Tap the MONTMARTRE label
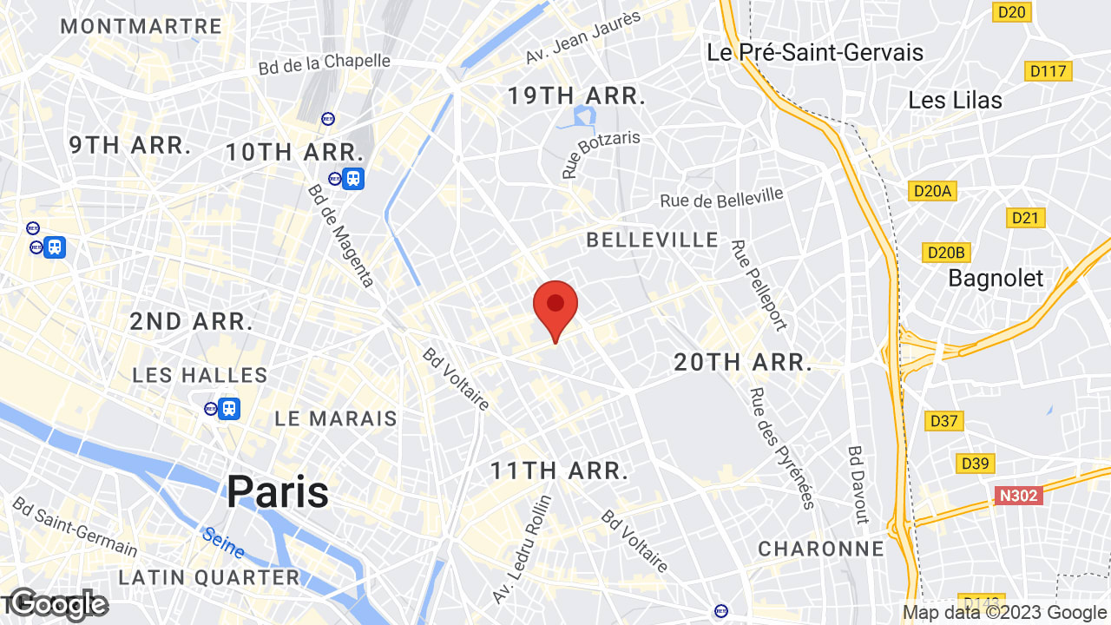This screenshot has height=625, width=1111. (x=141, y=26)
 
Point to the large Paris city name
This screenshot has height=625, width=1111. (x=278, y=492)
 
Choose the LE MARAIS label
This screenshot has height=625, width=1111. (x=336, y=418)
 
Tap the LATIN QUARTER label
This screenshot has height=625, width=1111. (x=208, y=577)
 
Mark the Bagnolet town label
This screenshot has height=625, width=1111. (x=996, y=278)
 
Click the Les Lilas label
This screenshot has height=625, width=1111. (x=955, y=100)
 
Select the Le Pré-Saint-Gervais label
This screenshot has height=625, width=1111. (x=815, y=52)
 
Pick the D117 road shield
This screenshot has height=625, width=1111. (x=1048, y=71)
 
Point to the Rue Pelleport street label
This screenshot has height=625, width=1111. (x=759, y=286)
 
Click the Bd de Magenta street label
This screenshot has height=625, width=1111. (x=342, y=235)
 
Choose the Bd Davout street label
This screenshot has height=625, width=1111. (x=857, y=484)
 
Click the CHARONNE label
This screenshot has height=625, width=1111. (x=820, y=549)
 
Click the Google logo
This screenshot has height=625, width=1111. (x=59, y=604)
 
